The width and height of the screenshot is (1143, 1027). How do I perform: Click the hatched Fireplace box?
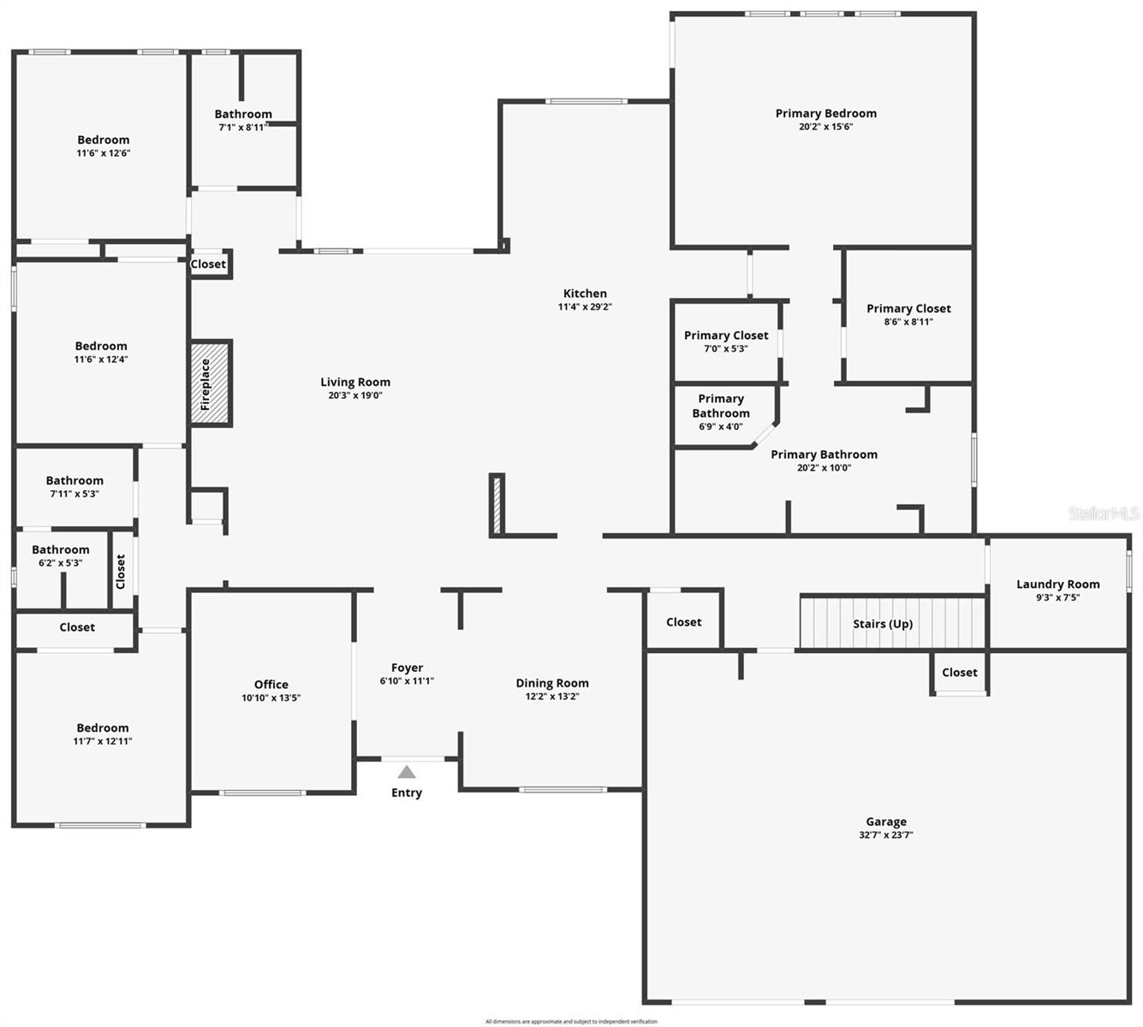[210, 383]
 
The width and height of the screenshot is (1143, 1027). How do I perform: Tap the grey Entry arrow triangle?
[407, 772]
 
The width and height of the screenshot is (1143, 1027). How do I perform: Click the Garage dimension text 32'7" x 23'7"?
[885, 835]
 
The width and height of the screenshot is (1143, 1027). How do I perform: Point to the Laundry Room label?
[1057, 585]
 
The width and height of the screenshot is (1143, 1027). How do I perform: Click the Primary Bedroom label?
[825, 113]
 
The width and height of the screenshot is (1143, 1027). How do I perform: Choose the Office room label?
[271, 685]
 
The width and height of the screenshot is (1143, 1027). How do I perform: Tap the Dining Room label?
[551, 683]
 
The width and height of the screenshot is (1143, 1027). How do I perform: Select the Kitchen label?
[585, 294]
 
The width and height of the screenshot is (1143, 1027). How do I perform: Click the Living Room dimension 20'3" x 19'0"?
[355, 395]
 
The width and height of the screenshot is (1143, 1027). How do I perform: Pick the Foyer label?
[407, 668]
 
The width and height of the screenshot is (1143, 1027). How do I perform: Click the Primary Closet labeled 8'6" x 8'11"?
[908, 309]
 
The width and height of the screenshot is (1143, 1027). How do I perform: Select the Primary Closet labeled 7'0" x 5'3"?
[726, 335]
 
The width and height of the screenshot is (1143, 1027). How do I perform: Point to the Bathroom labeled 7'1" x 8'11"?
[243, 114]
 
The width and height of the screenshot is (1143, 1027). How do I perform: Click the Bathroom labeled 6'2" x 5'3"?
[60, 550]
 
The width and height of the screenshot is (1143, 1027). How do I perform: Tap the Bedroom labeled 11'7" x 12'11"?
[102, 728]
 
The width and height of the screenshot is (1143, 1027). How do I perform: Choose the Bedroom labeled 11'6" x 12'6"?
[103, 140]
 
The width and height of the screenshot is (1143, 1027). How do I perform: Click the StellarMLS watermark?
[1104, 513]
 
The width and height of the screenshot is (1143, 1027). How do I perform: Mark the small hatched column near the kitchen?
[496, 505]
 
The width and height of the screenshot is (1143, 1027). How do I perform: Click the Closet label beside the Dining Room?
[683, 622]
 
